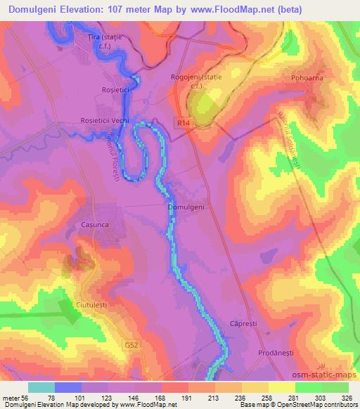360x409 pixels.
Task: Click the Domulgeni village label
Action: coord(187,208)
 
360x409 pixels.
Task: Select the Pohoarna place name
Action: coord(307,79)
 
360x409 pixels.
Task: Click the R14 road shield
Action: coord(184,122)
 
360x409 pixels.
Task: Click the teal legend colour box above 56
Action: coord(41,387)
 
